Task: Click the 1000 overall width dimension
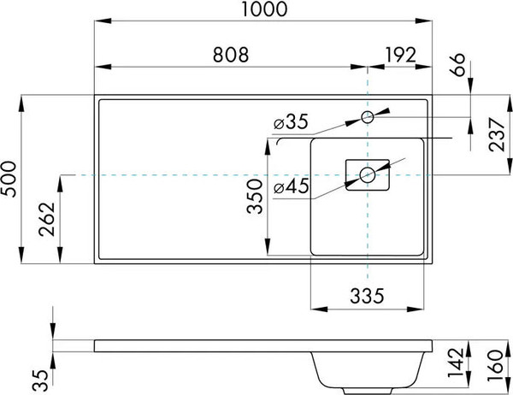(x=265, y=9)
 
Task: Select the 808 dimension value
(x=231, y=55)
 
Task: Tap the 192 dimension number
(x=401, y=55)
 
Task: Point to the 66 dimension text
(x=458, y=64)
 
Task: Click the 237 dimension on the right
(x=497, y=135)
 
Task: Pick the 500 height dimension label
(x=9, y=179)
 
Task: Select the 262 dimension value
(x=46, y=219)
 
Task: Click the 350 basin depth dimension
(x=255, y=197)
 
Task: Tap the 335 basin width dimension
(x=367, y=296)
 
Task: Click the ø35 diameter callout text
(x=292, y=121)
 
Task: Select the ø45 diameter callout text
(x=292, y=186)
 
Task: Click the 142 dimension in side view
(x=456, y=363)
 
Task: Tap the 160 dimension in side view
(x=495, y=365)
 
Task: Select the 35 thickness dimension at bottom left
(x=40, y=380)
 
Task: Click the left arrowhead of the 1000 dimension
(x=103, y=21)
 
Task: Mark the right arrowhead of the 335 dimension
(x=416, y=309)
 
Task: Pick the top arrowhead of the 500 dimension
(x=21, y=103)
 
